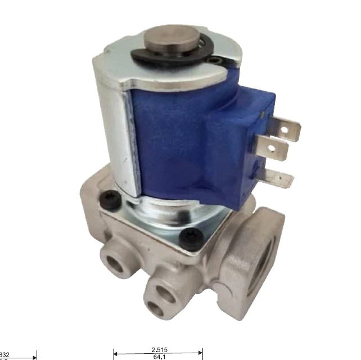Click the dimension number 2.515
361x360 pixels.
[158, 349]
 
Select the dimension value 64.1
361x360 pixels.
[158, 357]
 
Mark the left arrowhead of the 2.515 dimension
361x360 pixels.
[116, 353]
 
